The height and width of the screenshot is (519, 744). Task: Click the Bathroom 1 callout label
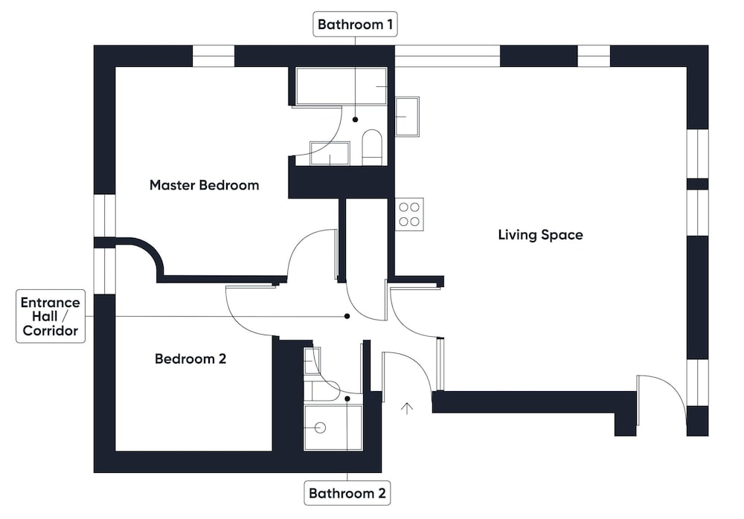(x=355, y=25)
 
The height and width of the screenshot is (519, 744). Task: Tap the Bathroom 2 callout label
(x=347, y=493)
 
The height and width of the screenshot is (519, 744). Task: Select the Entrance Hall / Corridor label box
(x=51, y=317)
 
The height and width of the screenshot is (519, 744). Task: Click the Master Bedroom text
(x=204, y=185)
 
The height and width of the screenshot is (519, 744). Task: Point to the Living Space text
(x=540, y=234)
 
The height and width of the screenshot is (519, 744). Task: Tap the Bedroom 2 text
(x=190, y=358)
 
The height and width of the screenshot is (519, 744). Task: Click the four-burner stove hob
(x=409, y=214)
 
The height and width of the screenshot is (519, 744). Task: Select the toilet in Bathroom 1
(x=372, y=147)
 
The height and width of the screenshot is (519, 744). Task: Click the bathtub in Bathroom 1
(x=341, y=86)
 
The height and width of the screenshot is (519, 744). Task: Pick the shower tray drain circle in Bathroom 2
(x=321, y=428)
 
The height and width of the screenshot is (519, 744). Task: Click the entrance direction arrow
(x=407, y=408)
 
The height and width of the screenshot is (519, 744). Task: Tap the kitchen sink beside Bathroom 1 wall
(x=407, y=117)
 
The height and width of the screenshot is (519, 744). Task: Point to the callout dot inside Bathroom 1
(x=355, y=120)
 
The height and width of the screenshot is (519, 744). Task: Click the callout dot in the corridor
(x=347, y=316)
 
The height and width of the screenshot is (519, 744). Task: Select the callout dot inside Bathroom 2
(x=347, y=399)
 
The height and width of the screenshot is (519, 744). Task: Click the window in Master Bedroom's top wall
(x=214, y=56)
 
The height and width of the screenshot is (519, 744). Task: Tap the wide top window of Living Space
(x=447, y=56)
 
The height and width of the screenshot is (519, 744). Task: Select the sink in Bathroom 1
(x=330, y=153)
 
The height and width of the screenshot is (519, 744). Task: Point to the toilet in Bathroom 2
(x=323, y=391)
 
